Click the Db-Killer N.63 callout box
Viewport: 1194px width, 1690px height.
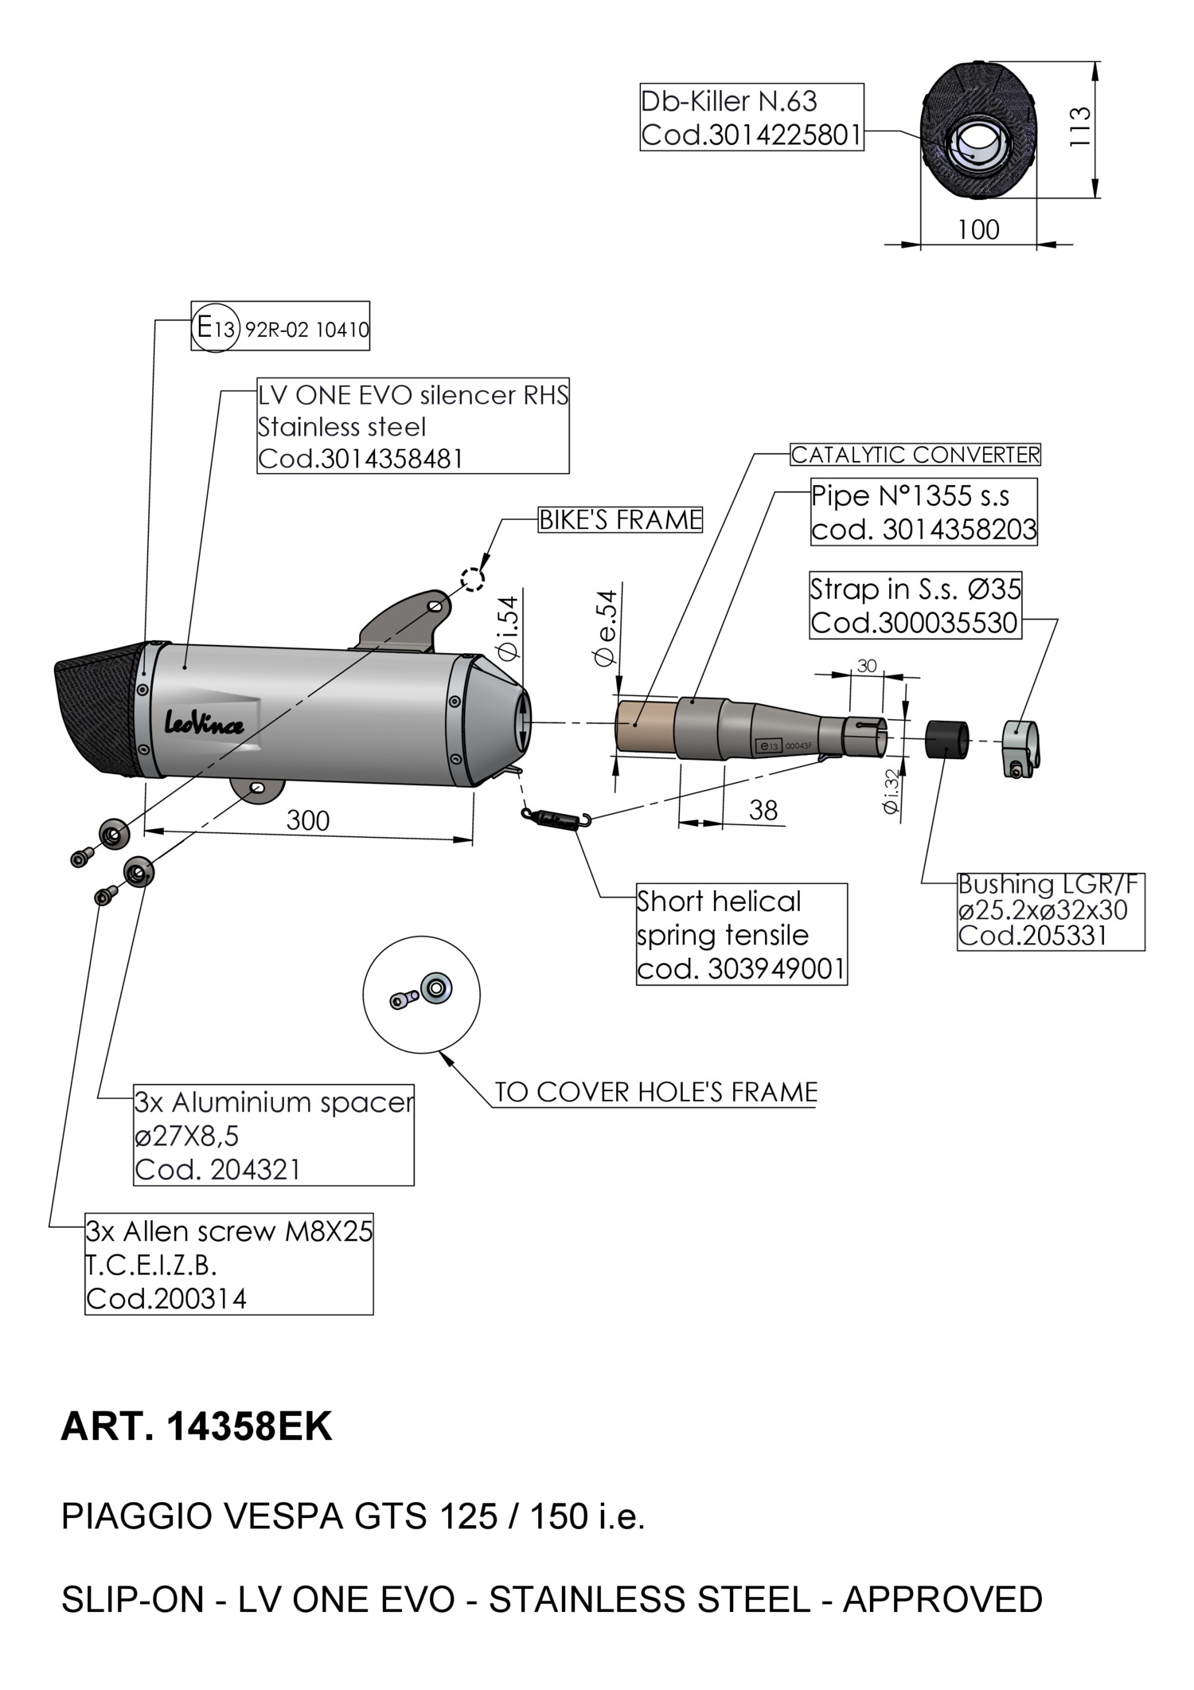[x=751, y=117]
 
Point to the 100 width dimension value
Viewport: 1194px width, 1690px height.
[x=977, y=230]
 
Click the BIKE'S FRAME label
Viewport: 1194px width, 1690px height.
[x=620, y=520]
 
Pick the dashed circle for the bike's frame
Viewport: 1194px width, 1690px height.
[x=472, y=579]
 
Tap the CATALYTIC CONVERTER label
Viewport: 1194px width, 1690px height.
[x=915, y=455]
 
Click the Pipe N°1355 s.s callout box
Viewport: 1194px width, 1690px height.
[x=923, y=512]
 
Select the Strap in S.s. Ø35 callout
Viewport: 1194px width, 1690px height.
[x=915, y=605]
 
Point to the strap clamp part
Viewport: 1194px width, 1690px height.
[x=1021, y=747]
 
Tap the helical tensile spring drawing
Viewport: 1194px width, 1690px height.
[x=556, y=818]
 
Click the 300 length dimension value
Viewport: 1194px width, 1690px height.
[x=307, y=821]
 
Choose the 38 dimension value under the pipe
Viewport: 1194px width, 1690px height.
[x=763, y=811]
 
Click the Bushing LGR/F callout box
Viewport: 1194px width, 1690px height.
[x=1050, y=910]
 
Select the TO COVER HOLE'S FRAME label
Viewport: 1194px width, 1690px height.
[x=655, y=1092]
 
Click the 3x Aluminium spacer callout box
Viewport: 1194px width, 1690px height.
[x=273, y=1135]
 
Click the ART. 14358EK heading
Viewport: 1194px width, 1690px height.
[x=196, y=1427]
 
